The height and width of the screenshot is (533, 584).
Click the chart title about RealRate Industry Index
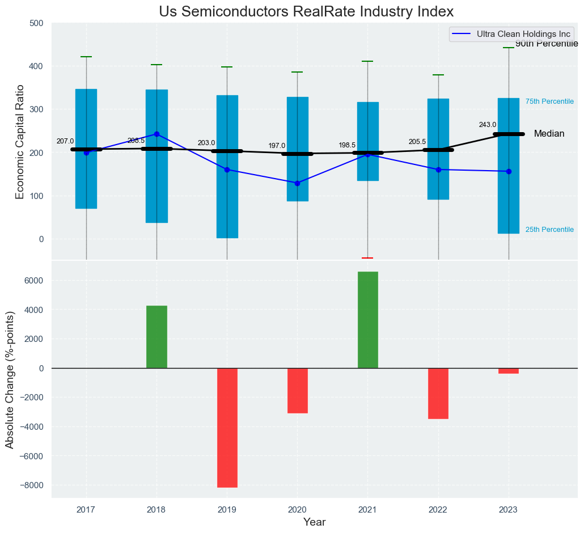coord(306,12)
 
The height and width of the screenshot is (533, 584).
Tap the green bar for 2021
coord(367,320)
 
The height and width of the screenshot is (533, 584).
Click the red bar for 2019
coord(227,428)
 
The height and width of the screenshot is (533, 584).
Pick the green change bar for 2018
coord(156,337)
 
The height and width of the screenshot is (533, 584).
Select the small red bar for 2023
coord(509,371)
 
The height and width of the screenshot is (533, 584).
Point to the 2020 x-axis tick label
coord(297,510)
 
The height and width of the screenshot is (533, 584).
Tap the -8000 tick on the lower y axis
coord(32,485)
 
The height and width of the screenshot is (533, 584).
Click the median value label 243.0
coord(488,125)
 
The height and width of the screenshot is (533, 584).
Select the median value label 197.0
coord(277,146)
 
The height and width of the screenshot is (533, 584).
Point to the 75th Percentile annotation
coord(549,101)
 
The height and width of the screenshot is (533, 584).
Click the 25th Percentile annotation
coord(549,230)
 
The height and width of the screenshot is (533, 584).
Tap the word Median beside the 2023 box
coord(549,134)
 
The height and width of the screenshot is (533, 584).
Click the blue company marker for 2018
coord(156,134)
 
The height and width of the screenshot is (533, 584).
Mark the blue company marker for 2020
coord(297,183)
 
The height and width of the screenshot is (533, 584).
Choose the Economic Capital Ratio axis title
coord(20,141)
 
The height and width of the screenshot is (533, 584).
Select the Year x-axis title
coord(314,522)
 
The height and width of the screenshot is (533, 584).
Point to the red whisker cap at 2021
coord(367,258)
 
